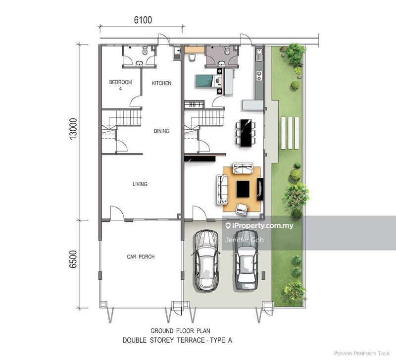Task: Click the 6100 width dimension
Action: [143, 20]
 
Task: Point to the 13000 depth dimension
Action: [73, 129]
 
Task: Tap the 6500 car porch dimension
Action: [73, 259]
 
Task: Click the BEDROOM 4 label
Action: [120, 85]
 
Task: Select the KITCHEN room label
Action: [162, 83]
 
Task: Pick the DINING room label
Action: [162, 131]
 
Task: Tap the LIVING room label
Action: [140, 184]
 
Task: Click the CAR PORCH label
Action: [141, 257]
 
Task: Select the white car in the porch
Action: [206, 261]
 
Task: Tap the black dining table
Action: [246, 133]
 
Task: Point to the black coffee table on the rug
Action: [243, 189]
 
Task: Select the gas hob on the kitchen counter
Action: [259, 76]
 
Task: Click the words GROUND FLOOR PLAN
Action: [180, 331]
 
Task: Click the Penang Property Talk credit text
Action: [362, 353]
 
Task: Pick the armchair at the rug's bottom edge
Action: [242, 209]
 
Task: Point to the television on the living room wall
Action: [260, 189]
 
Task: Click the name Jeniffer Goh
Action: [244, 240]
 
